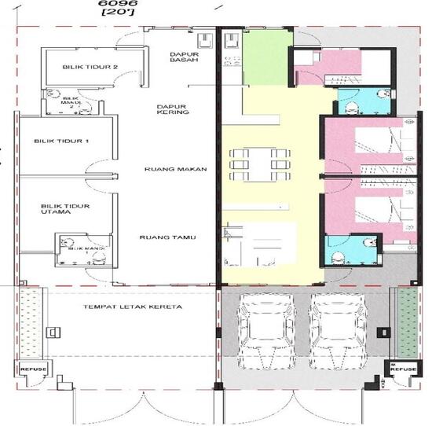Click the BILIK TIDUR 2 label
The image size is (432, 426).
tap(90, 68)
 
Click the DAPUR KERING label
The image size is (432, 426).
tap(172, 109)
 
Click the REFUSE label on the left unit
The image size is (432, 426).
tap(33, 369)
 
